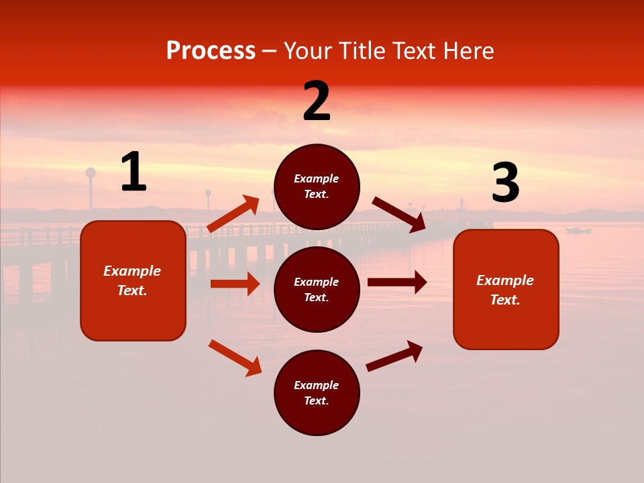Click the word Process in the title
pos(211,51)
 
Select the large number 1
pos(133,172)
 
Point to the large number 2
pos(317,101)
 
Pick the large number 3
pos(505,183)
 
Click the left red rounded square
pos(133,280)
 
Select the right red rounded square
pos(506,289)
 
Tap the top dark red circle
pos(317,186)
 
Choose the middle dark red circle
pos(317,289)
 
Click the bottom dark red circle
pos(317,392)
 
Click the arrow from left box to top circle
pos(233,214)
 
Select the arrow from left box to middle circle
pos(235,284)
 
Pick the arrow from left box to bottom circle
pos(235,358)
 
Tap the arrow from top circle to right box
pos(399,215)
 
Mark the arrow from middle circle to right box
pos(397,282)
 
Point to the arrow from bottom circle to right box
pos(394,356)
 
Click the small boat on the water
pos(578,231)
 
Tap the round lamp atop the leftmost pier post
pos(91,172)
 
